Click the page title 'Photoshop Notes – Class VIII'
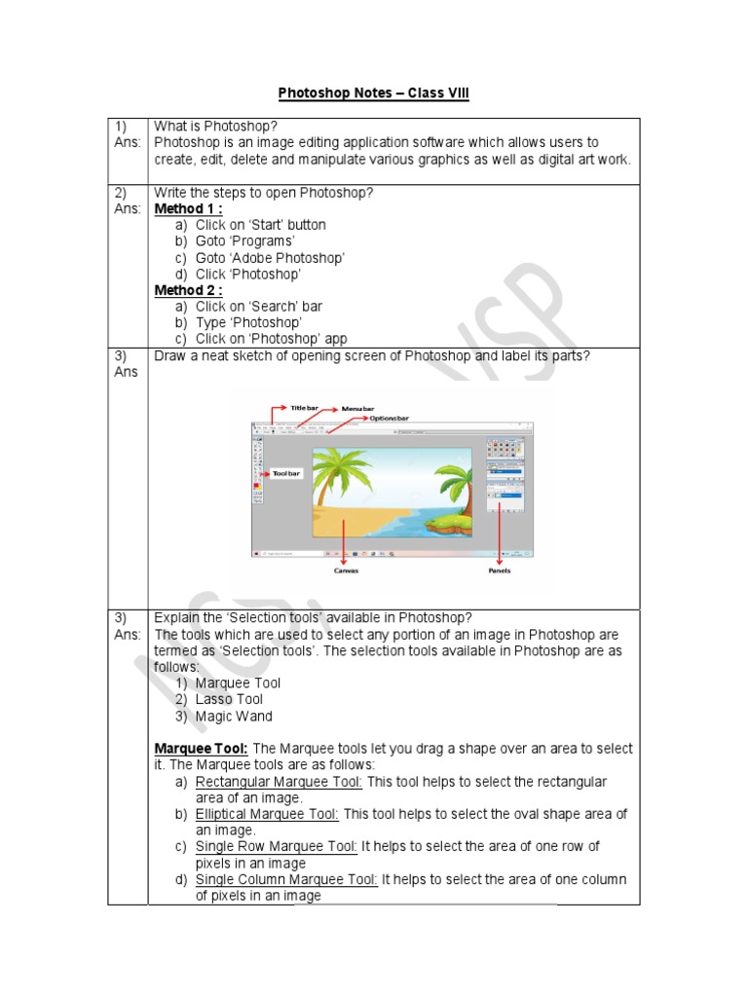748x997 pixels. pos(374,93)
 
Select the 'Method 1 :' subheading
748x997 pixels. pos(189,208)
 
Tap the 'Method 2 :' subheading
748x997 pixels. pos(189,290)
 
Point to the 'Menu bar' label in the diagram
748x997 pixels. pos(357,409)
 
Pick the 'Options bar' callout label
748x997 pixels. pos(389,419)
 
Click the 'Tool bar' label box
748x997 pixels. pos(287,473)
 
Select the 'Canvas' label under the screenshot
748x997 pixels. pos(346,571)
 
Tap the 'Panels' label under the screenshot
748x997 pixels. pos(500,571)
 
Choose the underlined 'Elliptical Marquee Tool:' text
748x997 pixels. pos(267,814)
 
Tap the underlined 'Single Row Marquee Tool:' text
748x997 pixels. pos(277,847)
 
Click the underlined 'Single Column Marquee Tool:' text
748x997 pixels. pos(286,879)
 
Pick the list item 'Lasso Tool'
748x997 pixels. pos(229,699)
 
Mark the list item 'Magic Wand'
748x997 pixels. pos(234,717)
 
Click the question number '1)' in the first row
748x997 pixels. pos(122,127)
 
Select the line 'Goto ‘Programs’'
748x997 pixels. pos(244,241)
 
